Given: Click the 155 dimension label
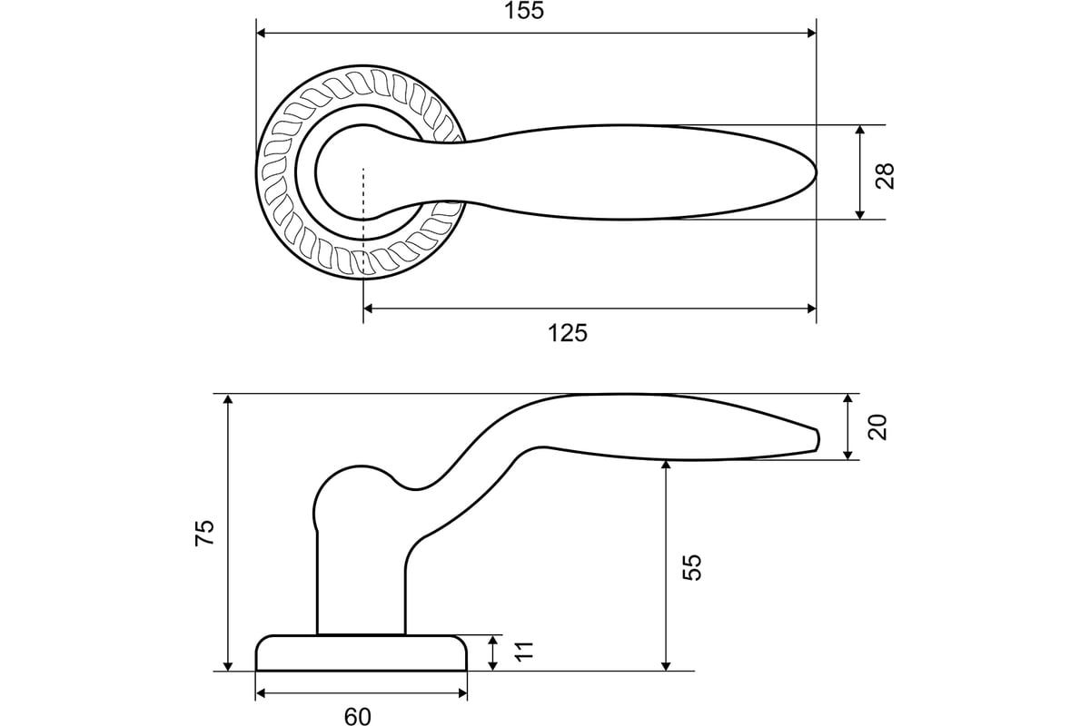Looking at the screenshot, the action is point(523,11).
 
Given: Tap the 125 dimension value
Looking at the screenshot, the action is point(568,333).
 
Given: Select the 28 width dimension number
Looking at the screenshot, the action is point(885,175).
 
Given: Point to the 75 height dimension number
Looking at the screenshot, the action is point(204,533).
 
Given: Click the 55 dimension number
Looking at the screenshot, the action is point(692,567).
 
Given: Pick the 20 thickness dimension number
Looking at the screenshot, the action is point(877,427).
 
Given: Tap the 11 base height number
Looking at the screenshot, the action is point(524,651).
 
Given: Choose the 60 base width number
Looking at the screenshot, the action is point(358,716).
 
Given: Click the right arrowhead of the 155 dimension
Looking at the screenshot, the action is point(811,33).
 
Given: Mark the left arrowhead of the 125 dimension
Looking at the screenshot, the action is point(369,309).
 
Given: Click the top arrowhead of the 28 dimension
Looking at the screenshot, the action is point(860,130).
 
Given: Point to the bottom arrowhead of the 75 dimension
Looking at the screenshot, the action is point(228,666).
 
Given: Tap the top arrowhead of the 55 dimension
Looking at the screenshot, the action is point(667,465).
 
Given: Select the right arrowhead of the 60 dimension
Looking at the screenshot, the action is point(461,693).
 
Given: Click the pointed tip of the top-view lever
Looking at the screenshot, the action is point(816,172).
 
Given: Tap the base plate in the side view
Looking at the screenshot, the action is point(362,653).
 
